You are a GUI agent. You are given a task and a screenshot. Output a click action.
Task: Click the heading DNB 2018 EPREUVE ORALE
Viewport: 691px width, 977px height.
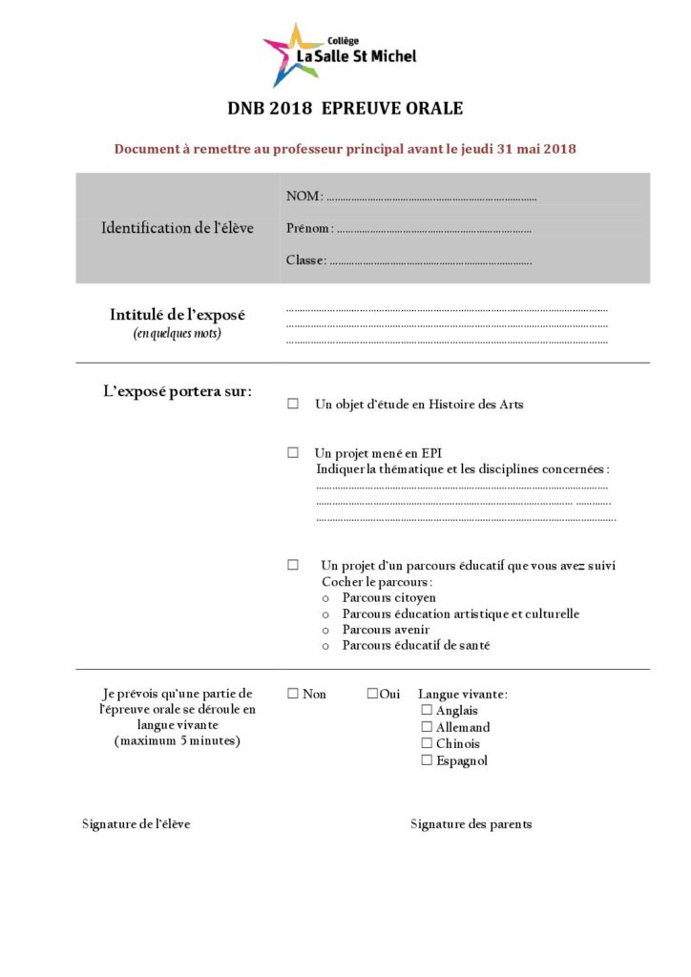pos(345,109)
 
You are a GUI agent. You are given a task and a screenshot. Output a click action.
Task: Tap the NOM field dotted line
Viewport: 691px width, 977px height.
pos(430,198)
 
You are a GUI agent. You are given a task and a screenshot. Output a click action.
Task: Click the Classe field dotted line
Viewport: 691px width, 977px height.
pos(430,261)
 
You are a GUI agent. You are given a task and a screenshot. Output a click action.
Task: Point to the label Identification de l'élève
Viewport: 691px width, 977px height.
pos(178,229)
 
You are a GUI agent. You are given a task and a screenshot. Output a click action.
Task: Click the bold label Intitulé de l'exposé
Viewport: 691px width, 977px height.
pos(178,315)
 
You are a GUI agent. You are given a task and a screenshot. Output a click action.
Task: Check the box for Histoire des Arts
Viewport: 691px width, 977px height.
pos(293,405)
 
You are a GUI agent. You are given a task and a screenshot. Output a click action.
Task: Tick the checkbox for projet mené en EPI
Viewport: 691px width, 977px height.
pos(293,453)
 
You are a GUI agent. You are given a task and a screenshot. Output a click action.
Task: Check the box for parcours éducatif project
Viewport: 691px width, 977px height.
pos(293,565)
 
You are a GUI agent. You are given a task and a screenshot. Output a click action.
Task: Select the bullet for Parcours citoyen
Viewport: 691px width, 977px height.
pos(326,598)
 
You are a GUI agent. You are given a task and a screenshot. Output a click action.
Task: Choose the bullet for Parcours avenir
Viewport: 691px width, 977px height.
pos(326,631)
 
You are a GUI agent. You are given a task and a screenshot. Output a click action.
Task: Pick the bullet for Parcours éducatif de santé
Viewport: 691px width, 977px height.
pos(326,647)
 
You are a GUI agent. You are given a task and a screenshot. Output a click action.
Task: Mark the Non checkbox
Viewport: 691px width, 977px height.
pos(293,694)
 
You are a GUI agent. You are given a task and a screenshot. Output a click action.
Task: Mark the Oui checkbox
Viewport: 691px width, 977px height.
pos(372,694)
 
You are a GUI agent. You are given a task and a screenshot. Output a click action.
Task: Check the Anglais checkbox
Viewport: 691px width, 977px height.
pos(427,711)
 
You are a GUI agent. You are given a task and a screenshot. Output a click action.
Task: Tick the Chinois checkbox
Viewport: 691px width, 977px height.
pos(427,744)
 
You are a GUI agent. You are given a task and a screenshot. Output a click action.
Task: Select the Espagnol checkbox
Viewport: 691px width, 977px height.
pos(427,760)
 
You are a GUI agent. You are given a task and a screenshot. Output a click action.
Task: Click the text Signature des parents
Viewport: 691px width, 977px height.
pos(471,824)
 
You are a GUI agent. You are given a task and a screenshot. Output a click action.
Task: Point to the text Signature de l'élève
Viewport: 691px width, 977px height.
pos(136,824)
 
